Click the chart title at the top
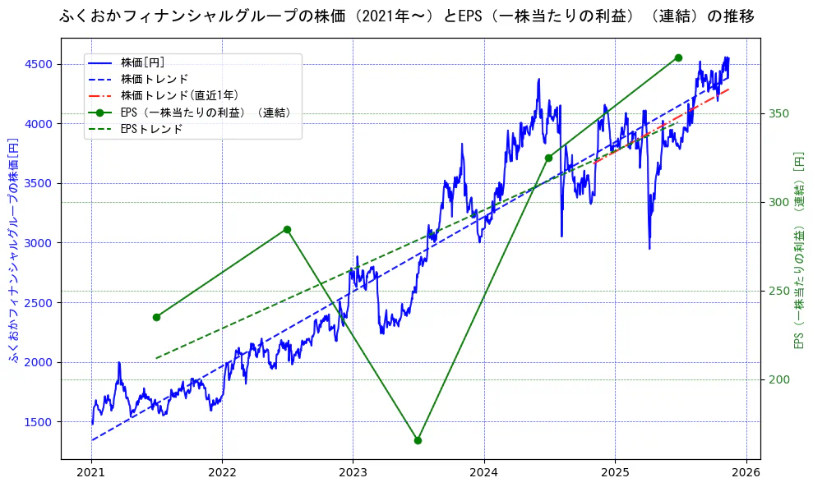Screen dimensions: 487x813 tap(407, 16)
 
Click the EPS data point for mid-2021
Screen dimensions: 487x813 tap(156, 317)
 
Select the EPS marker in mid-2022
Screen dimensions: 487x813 tap(287, 229)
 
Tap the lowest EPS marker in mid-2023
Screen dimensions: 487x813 tap(418, 440)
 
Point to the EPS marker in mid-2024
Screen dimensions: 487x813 tap(548, 158)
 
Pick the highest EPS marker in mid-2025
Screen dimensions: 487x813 tap(678, 57)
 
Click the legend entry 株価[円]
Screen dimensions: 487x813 tap(143, 62)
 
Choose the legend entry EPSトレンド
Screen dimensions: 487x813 tap(151, 129)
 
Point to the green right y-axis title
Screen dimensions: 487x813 tap(798, 250)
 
